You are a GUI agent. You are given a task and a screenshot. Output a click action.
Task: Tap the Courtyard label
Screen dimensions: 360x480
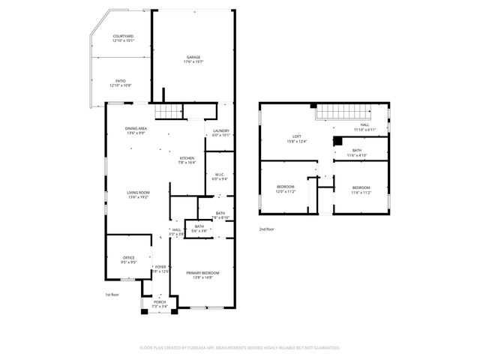point(124,38)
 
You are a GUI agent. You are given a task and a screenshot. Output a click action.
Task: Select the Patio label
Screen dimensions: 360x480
point(120,82)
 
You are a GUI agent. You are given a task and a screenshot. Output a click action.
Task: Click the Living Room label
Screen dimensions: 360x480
point(138,195)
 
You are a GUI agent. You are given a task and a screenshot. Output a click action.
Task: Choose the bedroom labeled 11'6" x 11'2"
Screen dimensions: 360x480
point(361,189)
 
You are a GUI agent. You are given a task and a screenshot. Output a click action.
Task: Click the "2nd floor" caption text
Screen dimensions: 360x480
point(268,229)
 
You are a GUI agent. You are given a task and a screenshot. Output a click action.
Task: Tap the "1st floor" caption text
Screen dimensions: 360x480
point(112,295)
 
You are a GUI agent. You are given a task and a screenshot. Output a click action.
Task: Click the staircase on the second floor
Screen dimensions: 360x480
point(341,112)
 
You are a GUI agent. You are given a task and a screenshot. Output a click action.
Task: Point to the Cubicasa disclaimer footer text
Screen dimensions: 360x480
point(240,347)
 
